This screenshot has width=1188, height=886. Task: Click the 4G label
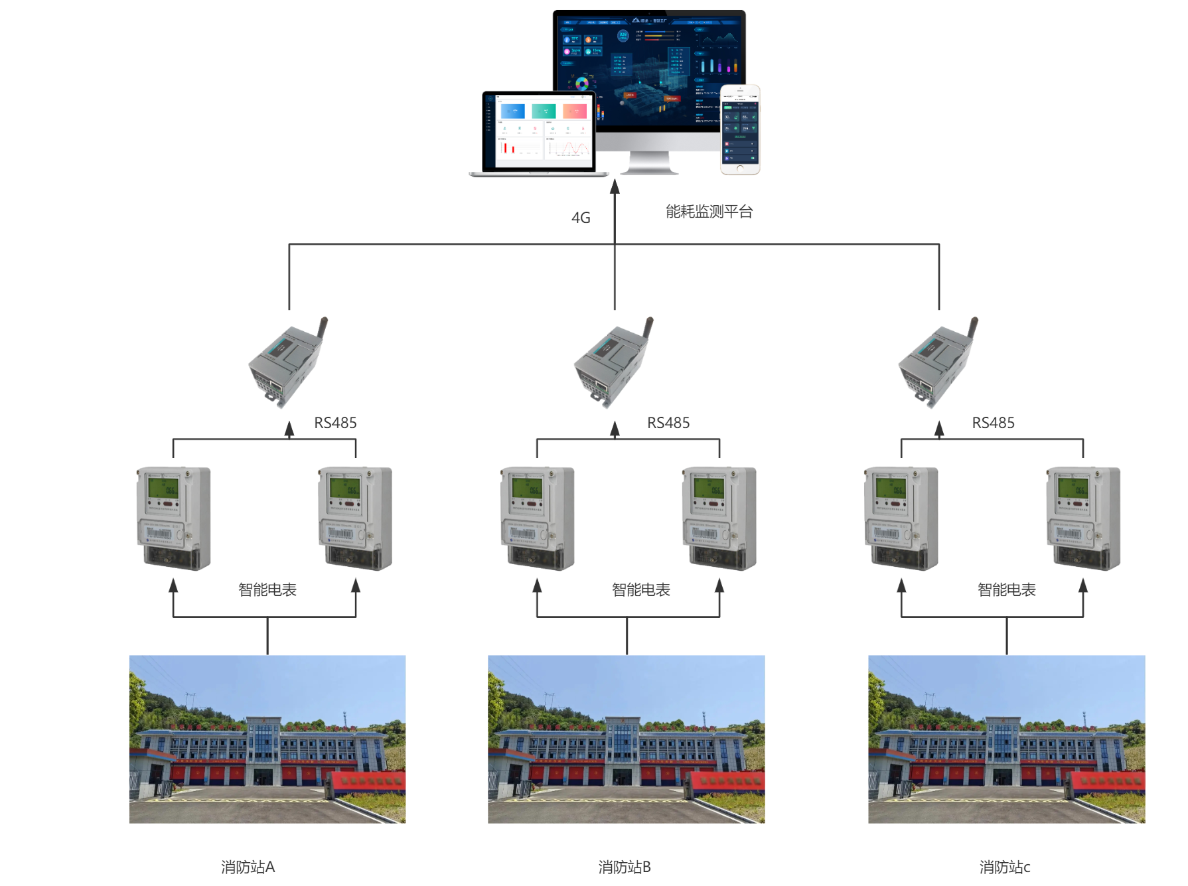click(x=581, y=218)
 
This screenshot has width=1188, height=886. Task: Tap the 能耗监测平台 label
click(x=709, y=212)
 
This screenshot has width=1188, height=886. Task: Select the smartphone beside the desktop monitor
click(x=740, y=129)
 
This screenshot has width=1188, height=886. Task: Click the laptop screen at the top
click(x=538, y=131)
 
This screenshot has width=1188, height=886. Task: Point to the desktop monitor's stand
click(x=650, y=163)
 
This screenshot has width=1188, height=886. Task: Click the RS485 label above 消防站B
click(x=668, y=423)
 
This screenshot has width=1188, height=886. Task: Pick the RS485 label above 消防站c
click(x=993, y=423)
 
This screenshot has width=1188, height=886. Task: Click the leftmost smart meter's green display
click(x=163, y=488)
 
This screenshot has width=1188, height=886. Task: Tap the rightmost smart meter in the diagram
click(x=1083, y=518)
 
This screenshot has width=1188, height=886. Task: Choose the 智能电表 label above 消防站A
click(x=267, y=589)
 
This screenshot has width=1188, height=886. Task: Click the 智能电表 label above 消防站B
click(x=641, y=589)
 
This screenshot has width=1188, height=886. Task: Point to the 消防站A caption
click(x=248, y=867)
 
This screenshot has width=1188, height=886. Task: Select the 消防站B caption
click(x=625, y=867)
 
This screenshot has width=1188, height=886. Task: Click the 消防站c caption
click(x=1005, y=867)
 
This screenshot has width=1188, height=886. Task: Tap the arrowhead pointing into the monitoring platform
click(x=615, y=186)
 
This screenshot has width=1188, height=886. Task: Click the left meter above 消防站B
click(x=537, y=518)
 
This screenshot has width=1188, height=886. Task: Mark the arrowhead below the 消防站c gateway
click(x=939, y=429)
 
